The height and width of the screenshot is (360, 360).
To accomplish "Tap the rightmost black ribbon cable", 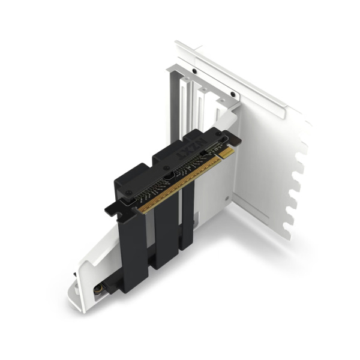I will point(187,216).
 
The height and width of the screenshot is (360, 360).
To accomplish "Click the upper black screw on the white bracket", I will point(194,70).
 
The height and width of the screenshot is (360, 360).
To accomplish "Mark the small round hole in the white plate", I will point(226,199).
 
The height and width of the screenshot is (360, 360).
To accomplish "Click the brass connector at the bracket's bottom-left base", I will point(95,290).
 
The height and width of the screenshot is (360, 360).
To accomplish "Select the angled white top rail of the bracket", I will point(240,72).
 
